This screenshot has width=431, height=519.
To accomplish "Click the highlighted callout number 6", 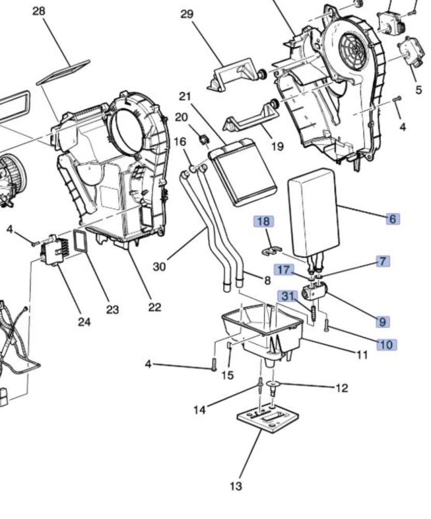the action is click(x=392, y=219).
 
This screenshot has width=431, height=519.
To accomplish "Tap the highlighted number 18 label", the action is click(x=264, y=221).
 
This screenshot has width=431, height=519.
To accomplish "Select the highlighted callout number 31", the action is click(x=288, y=296).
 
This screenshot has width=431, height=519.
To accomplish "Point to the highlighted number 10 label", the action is click(x=387, y=345).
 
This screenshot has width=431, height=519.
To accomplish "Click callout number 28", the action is click(x=39, y=11).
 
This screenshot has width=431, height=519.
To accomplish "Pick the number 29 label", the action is click(x=186, y=14).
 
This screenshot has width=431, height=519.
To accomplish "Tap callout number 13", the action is click(x=236, y=486).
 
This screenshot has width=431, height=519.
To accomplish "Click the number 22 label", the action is click(x=154, y=307).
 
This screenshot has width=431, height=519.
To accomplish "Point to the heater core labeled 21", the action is click(x=243, y=172).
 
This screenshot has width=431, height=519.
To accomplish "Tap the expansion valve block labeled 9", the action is click(x=314, y=291).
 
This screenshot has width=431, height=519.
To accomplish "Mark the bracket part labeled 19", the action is click(x=252, y=117).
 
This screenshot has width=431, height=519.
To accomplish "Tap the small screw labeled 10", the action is click(x=327, y=325).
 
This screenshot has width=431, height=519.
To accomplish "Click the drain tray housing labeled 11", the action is click(x=263, y=333).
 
